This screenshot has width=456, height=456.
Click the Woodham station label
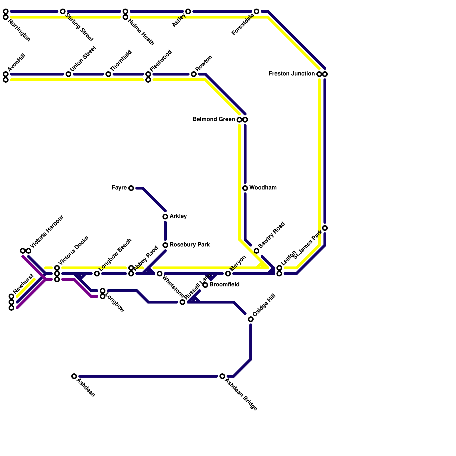click(x=262, y=188)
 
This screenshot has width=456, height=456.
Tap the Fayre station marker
click(x=131, y=188)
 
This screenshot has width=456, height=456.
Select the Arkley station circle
click(x=165, y=217)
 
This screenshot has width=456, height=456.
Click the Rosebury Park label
click(x=190, y=245)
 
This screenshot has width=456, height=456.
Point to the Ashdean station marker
click(x=74, y=376)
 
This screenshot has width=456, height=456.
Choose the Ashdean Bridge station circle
click(x=222, y=376)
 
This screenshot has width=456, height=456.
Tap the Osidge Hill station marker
click(x=251, y=319)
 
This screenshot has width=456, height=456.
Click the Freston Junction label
click(x=292, y=74)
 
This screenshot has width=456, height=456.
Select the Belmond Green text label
click(x=213, y=119)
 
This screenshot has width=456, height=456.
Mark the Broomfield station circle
click(x=205, y=285)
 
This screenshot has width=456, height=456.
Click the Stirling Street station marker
click(x=63, y=11)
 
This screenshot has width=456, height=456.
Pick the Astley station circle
click(x=188, y=11)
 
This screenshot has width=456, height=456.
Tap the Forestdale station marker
click(x=256, y=11)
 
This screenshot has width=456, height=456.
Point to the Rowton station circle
click(x=194, y=74)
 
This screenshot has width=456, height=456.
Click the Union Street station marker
click(x=68, y=74)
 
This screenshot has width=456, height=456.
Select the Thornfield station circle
click(x=108, y=74)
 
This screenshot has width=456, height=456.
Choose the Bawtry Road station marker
click(x=256, y=251)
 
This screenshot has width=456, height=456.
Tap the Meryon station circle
click(x=228, y=274)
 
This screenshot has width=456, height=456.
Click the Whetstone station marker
click(x=160, y=274)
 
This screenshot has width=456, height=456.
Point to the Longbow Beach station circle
click(x=97, y=274)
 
